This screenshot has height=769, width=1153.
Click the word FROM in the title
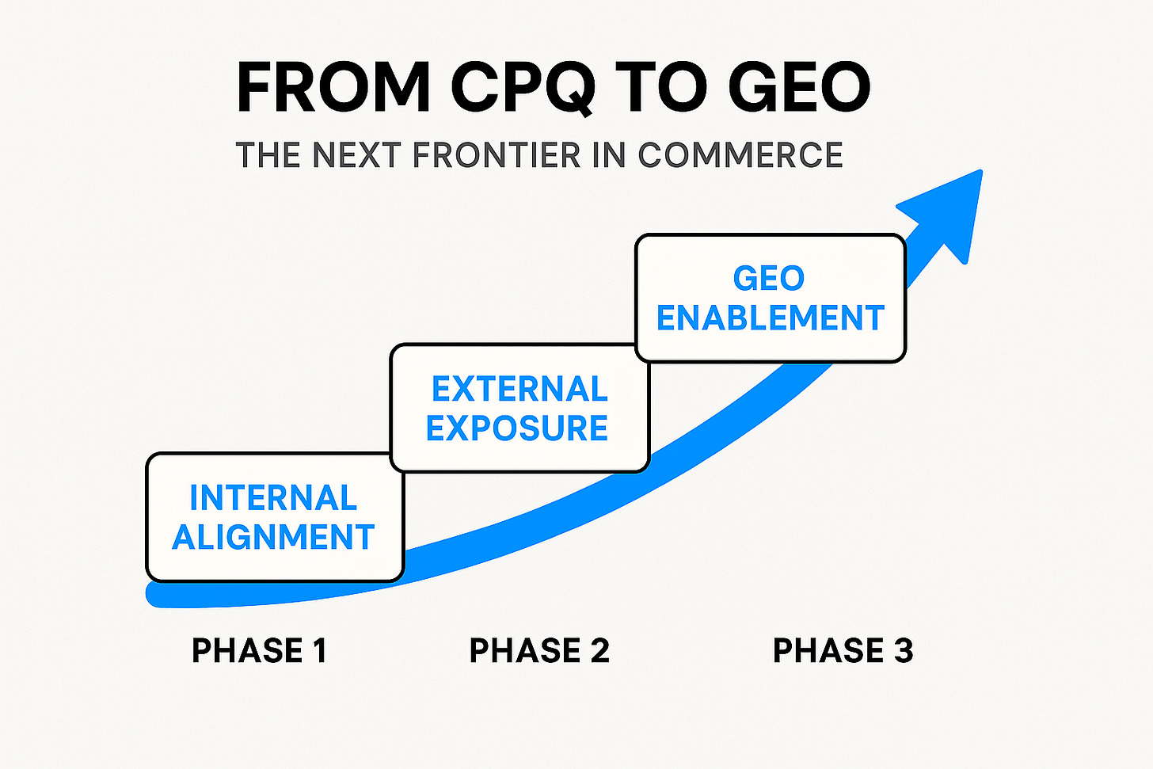tap(333, 87)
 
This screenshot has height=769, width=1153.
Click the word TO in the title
tap(661, 87)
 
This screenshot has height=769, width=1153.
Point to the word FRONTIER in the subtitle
tap(497, 155)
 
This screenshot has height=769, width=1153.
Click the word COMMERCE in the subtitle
tap(740, 155)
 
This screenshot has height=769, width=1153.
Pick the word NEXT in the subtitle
tap(358, 155)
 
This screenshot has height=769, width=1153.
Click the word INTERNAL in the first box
tap(273, 498)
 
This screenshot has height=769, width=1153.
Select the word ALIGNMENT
tap(273, 538)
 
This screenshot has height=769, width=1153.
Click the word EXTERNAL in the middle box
tap(519, 389)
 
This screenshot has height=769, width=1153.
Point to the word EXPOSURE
tap(517, 428)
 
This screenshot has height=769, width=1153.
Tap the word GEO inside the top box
tap(769, 279)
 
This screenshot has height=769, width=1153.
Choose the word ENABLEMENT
tap(771, 318)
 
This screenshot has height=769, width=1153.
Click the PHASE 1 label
tap(259, 651)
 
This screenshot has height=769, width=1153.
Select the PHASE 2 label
tap(539, 651)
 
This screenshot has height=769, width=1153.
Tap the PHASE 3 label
tap(843, 651)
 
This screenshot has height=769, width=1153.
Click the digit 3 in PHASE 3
tap(904, 651)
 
